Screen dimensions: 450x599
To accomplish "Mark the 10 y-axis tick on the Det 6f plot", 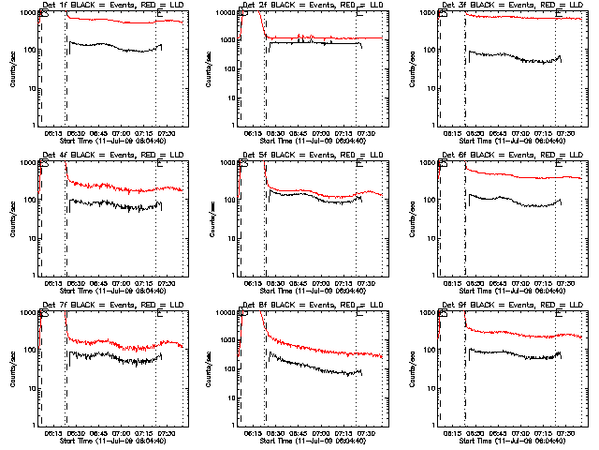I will pos(431,238).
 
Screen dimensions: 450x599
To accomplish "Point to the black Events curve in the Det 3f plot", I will pos(515,59).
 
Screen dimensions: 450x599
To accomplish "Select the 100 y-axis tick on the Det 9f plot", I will pos(429,350).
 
